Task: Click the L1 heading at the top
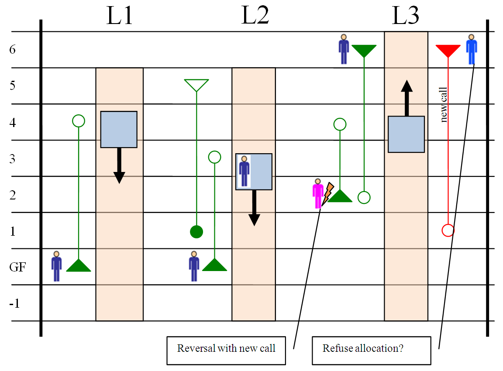[x=119, y=16]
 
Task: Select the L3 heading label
[x=406, y=16]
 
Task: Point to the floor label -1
[x=14, y=303]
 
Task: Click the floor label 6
[x=12, y=50]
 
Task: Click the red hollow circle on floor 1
[x=448, y=230]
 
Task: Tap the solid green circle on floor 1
[x=196, y=232]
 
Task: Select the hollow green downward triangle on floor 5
[x=196, y=85]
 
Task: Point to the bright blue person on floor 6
[x=471, y=49]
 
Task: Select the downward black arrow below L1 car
[x=119, y=165]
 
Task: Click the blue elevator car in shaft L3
[x=407, y=134]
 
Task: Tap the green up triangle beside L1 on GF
[x=79, y=265]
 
